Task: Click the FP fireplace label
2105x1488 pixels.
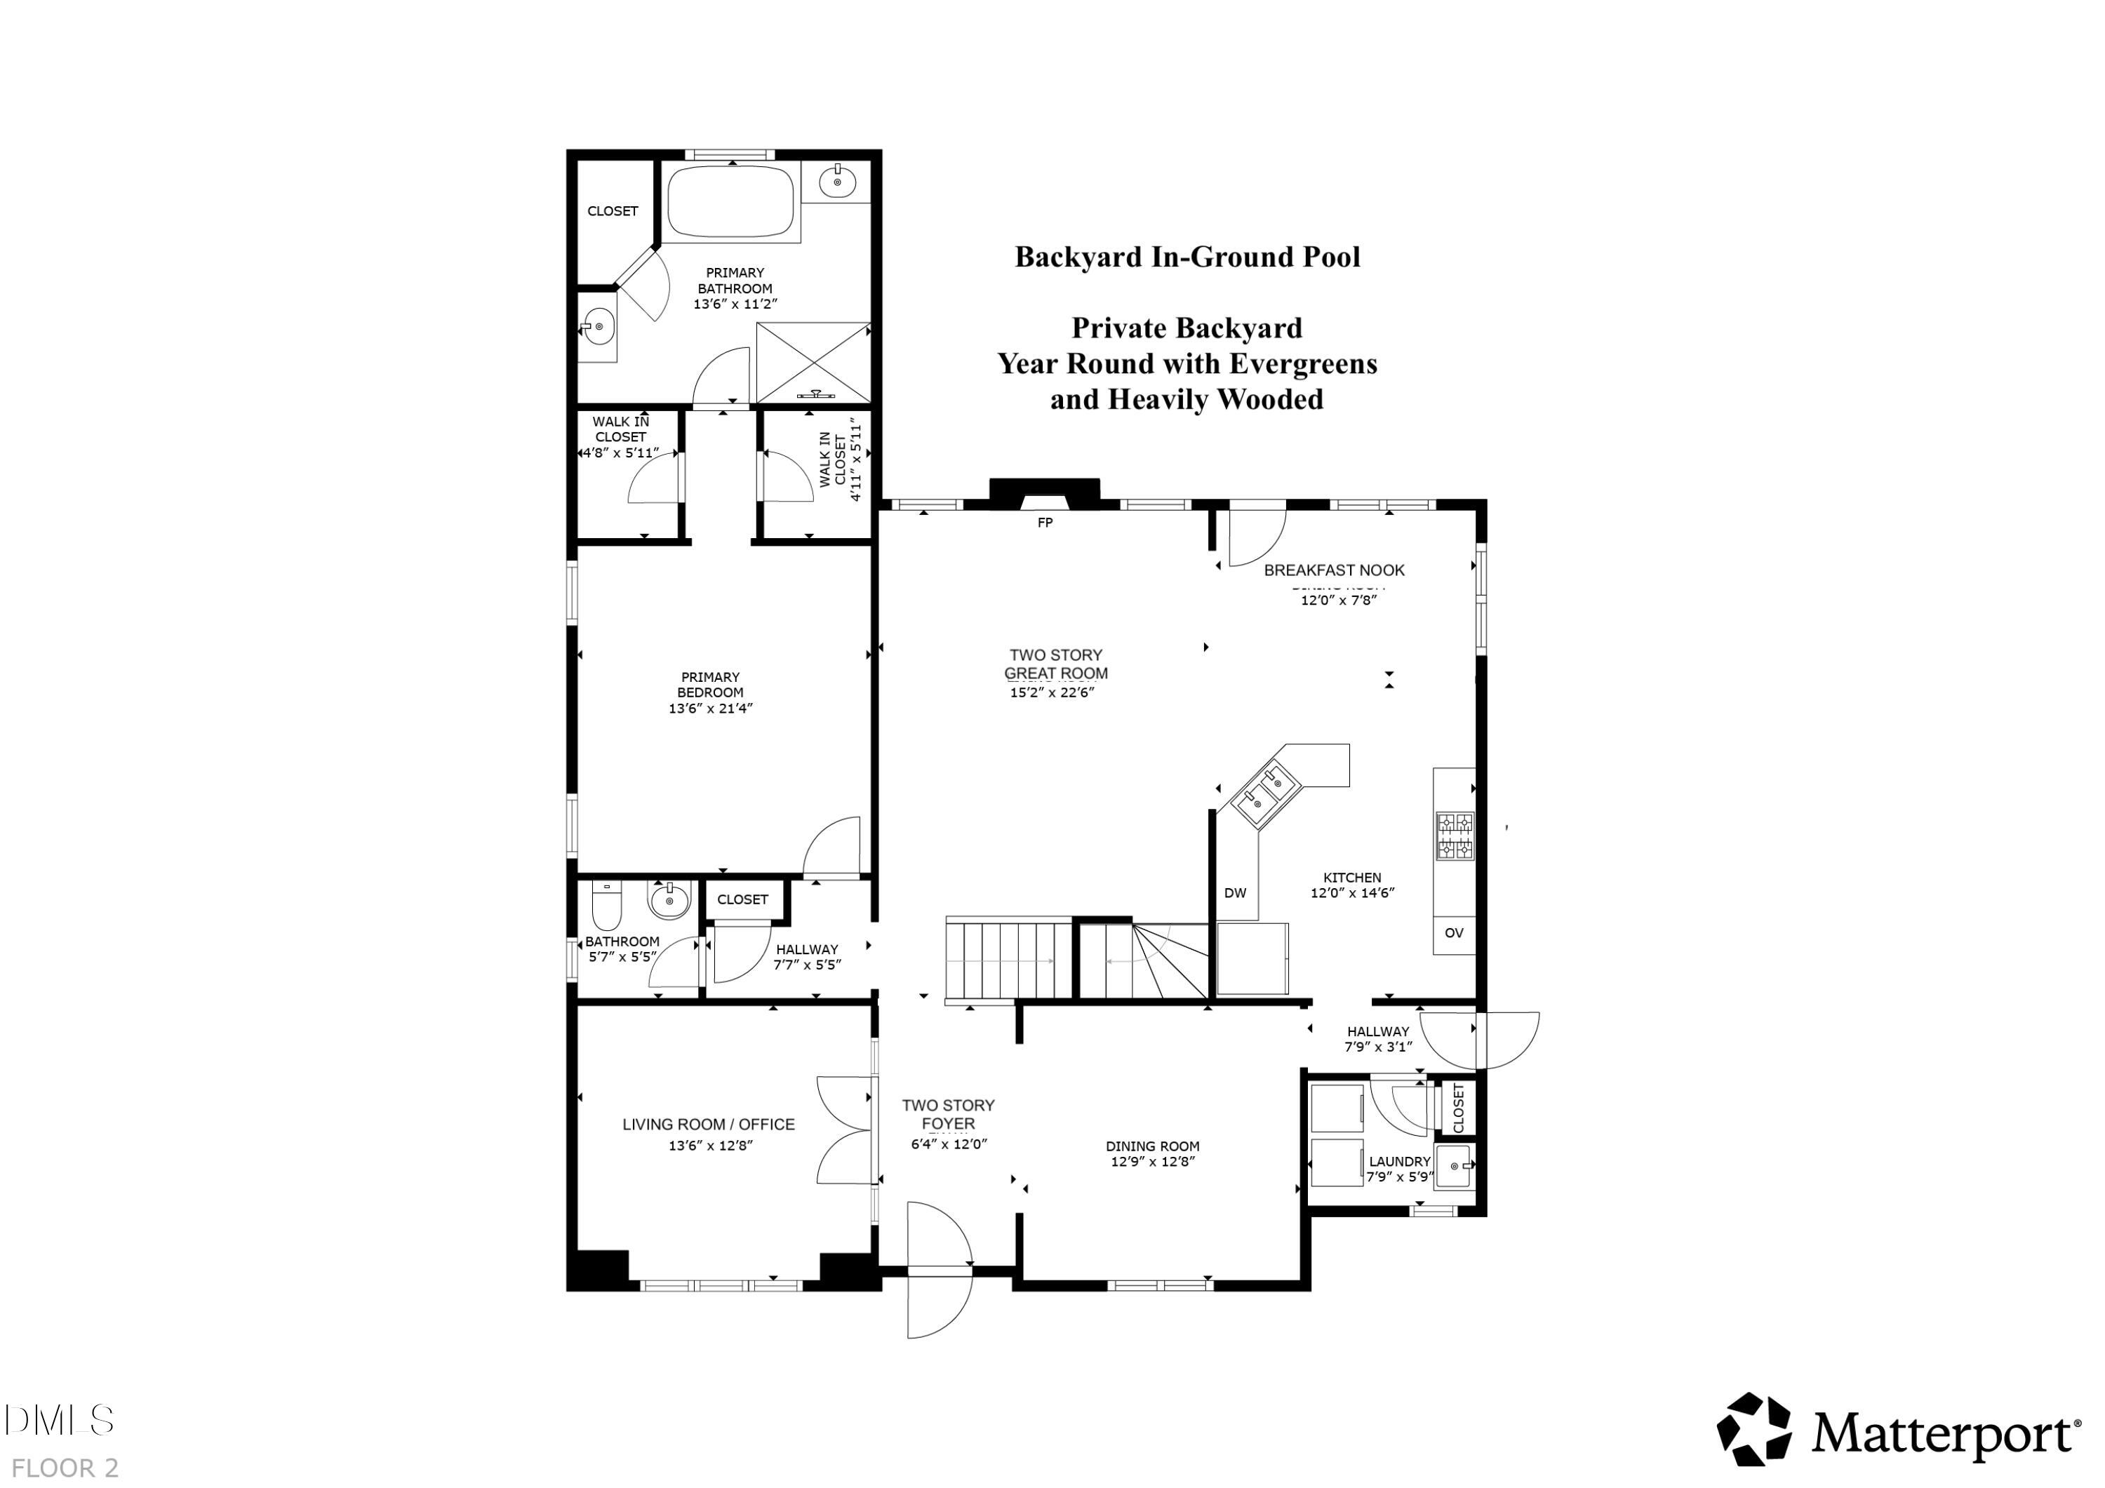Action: click(1044, 523)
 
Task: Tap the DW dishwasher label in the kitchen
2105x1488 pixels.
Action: click(1235, 893)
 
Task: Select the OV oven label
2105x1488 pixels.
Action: click(1454, 933)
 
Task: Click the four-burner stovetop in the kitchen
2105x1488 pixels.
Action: click(1454, 836)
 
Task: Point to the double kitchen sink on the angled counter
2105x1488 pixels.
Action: click(1265, 792)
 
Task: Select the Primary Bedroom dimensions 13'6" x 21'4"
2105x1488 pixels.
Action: click(711, 708)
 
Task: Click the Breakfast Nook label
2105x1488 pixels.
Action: click(1334, 570)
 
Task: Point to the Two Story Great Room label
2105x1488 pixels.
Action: click(1055, 664)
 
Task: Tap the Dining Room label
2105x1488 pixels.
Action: click(1152, 1146)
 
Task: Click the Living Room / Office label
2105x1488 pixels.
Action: click(709, 1124)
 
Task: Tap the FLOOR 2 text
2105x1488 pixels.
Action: click(65, 1467)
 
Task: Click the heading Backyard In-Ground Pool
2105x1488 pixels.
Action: click(1187, 257)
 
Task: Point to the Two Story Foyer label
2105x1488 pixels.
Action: click(948, 1114)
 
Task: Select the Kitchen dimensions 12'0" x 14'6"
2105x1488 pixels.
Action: click(1352, 892)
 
